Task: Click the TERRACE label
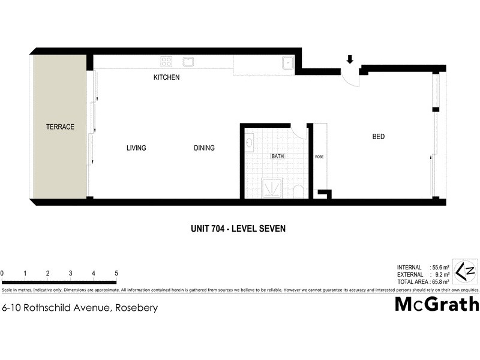[x=60, y=127]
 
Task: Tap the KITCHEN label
[x=166, y=77]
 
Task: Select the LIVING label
[x=136, y=148]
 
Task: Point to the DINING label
[x=204, y=148]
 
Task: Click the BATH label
[x=277, y=156]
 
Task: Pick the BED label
[x=378, y=137]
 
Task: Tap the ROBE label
[x=319, y=157]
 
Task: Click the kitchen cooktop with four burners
[x=166, y=61]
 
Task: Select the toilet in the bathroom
[x=299, y=191]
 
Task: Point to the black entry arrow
[x=350, y=59]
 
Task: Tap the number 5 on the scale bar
[x=116, y=273]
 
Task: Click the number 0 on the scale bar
[x=2, y=273]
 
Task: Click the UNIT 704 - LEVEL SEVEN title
[x=237, y=228]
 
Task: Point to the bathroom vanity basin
[x=249, y=143]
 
